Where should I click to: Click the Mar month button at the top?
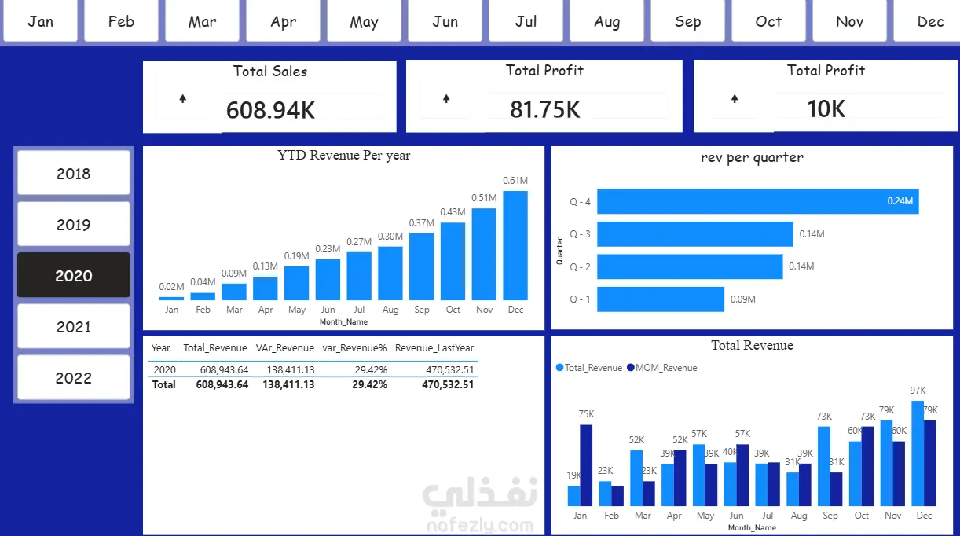coord(202,21)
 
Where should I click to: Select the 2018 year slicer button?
coord(73,173)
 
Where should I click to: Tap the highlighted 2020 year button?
coord(73,275)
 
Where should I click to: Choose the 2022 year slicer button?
coord(73,377)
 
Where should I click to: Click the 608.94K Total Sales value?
coord(270,110)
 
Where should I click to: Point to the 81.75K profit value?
coord(544,109)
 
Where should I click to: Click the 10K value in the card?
coord(826,108)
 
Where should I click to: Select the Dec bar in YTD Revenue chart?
coord(515,245)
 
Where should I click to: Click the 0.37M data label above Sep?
coord(421,223)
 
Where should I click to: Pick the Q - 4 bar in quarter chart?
coord(758,201)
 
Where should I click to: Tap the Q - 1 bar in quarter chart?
coord(661,299)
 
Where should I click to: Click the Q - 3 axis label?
coord(580,234)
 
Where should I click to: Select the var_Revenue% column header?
coord(354,347)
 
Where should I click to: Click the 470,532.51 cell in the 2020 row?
coord(449,369)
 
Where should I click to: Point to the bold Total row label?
coord(163,384)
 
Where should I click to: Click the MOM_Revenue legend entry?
coord(661,368)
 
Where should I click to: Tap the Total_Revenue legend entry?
coord(589,368)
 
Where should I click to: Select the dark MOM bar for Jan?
coord(586,465)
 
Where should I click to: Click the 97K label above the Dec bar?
coord(918,391)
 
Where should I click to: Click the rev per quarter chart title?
coord(752,157)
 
